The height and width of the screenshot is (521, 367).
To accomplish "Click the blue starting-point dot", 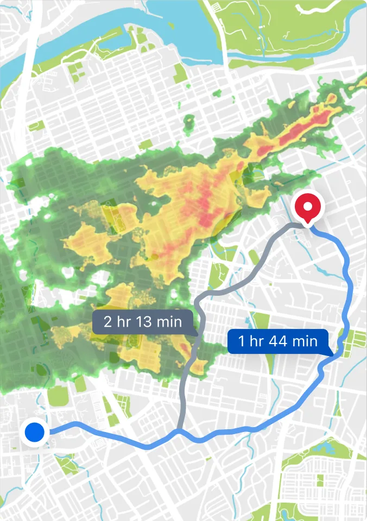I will pyautogui.click(x=35, y=433).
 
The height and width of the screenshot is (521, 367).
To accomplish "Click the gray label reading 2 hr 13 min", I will pyautogui.click(x=142, y=321).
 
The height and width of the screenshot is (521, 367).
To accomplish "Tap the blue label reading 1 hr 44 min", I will pyautogui.click(x=277, y=341).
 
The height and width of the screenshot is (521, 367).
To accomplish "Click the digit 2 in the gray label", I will pyautogui.click(x=107, y=321).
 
